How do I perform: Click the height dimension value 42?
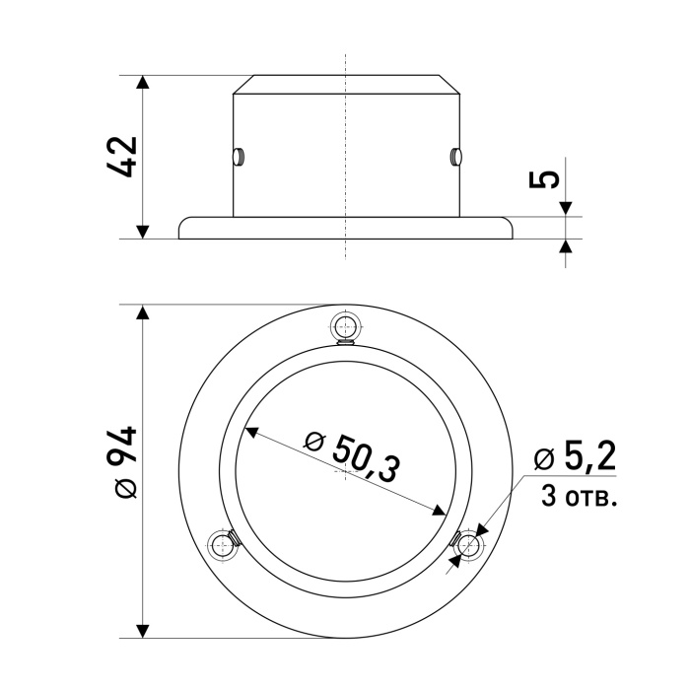122,157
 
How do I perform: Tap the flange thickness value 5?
544,179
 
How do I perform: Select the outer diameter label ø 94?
122,462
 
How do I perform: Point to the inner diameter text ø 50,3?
353,457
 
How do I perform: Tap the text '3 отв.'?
579,497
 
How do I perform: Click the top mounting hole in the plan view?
346,328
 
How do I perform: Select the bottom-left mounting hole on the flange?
223,546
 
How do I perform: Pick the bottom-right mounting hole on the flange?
468,546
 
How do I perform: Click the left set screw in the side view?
239,157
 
